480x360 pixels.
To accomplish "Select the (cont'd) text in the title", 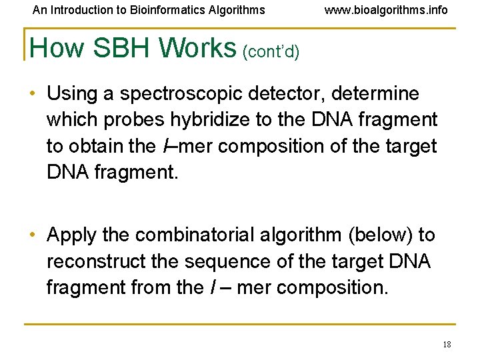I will (271, 51).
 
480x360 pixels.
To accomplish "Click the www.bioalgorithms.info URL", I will (386, 10).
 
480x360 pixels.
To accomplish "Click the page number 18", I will (447, 344).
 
